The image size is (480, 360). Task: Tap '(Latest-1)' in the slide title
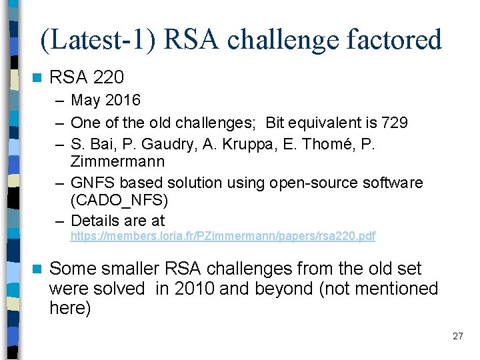point(98,40)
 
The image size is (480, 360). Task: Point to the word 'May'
point(85,101)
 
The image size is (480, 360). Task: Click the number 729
point(395,123)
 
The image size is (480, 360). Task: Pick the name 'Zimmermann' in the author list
point(117,162)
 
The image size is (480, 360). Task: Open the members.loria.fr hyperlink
point(223,236)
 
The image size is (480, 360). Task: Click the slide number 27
point(457,336)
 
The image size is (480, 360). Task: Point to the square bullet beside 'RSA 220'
point(37,78)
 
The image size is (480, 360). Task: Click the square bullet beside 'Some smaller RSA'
point(37,269)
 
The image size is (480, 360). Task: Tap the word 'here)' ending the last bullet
point(70,309)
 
